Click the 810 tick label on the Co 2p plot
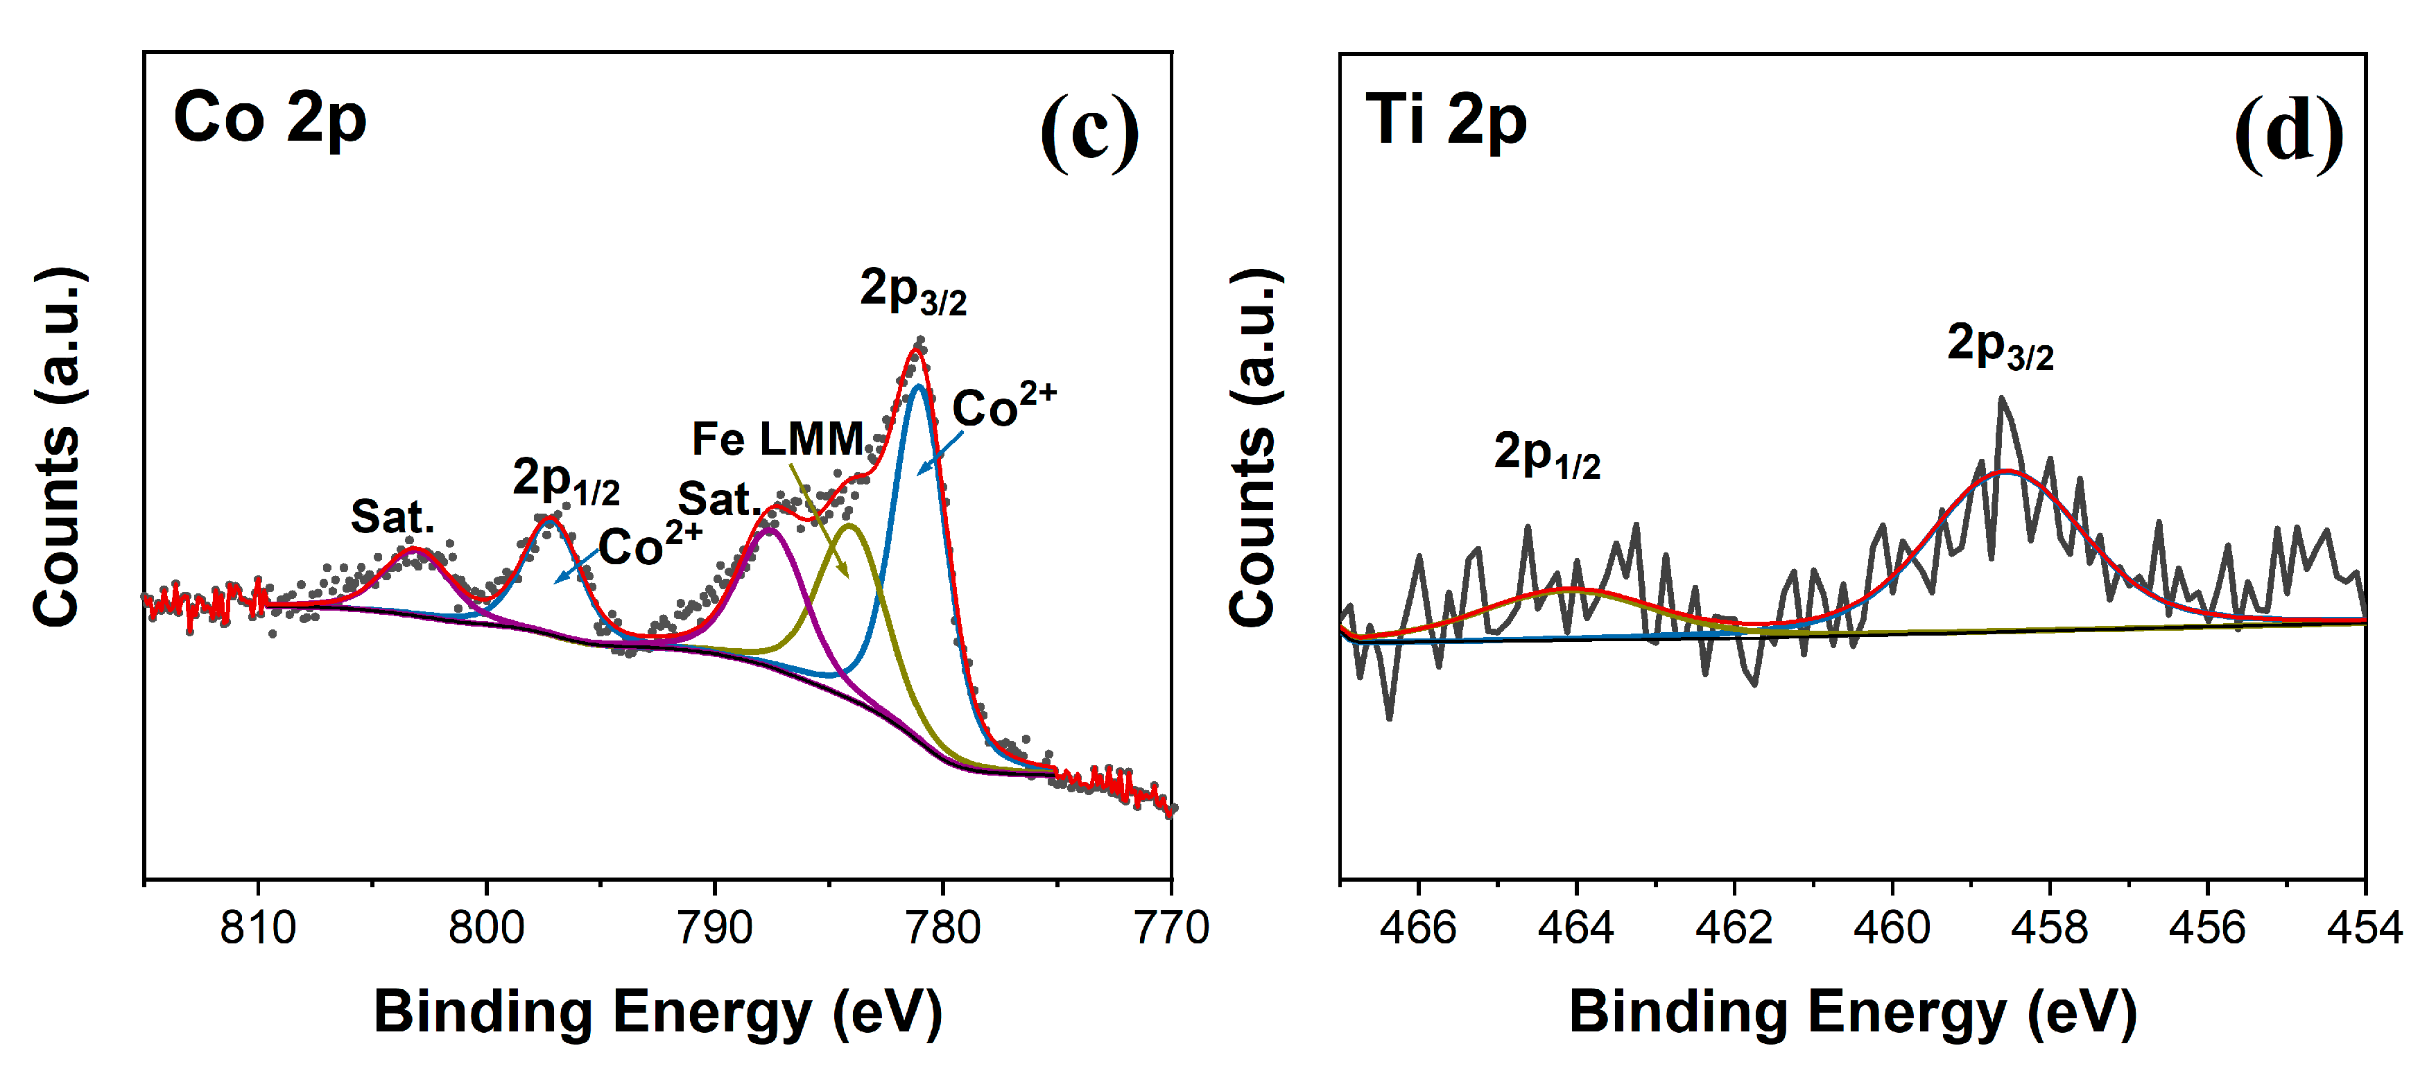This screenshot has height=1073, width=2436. [x=257, y=927]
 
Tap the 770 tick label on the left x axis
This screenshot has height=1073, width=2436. [x=1171, y=927]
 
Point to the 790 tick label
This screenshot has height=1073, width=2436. [x=714, y=927]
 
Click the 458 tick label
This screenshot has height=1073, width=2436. [x=2049, y=927]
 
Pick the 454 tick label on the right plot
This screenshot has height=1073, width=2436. [x=2364, y=927]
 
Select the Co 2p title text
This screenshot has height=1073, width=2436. [x=270, y=120]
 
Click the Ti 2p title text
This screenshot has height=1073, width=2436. [x=1446, y=122]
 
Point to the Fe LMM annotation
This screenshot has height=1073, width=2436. [x=778, y=439]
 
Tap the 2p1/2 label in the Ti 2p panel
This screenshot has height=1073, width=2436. [x=1547, y=455]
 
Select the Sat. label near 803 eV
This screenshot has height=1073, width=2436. [x=392, y=516]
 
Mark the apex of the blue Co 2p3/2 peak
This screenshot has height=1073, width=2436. [x=919, y=385]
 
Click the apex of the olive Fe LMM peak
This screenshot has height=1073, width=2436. [x=849, y=525]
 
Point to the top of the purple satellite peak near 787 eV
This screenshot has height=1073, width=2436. [x=770, y=530]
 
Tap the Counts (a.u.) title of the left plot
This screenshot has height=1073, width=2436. [x=57, y=446]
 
